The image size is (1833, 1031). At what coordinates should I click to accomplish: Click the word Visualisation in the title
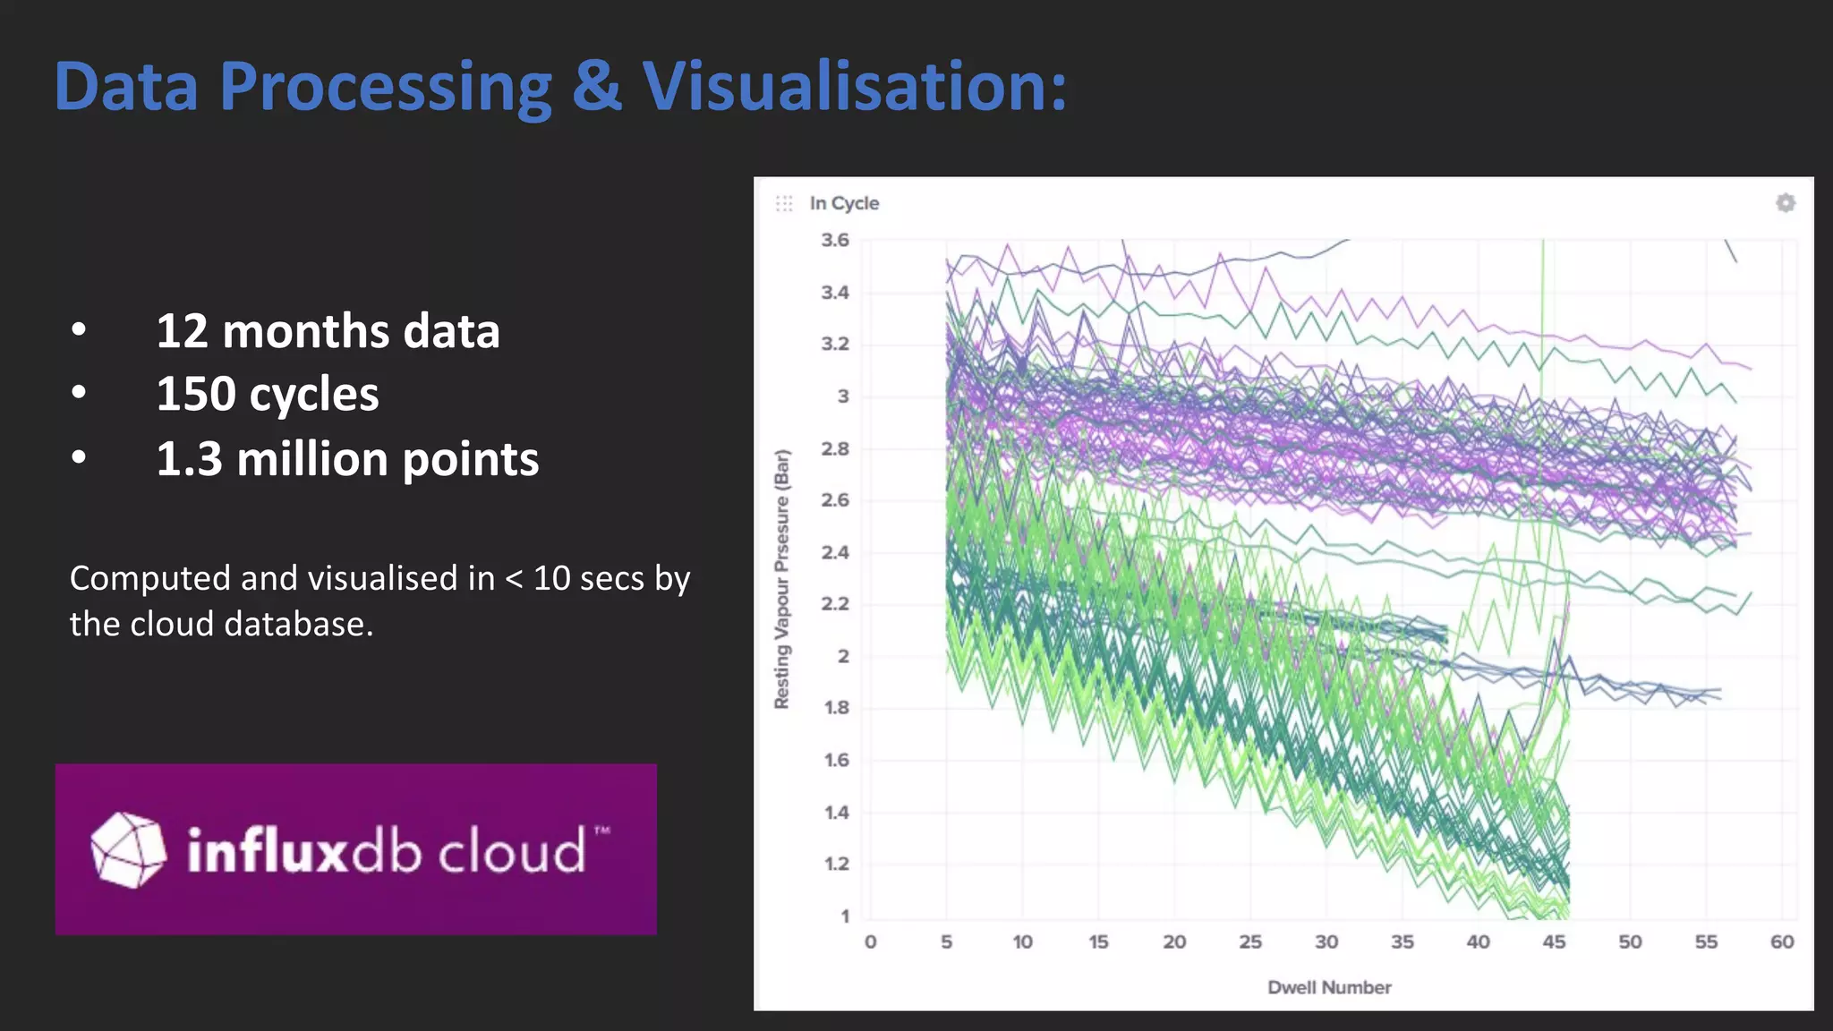(855, 87)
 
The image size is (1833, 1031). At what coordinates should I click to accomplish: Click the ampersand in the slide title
(597, 87)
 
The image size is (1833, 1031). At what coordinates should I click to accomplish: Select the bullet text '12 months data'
(328, 331)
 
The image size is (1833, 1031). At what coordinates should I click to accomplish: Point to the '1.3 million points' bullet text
(347, 459)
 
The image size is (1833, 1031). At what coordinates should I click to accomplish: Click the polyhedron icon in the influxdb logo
(128, 849)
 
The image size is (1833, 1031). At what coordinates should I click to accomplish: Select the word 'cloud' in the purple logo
(511, 850)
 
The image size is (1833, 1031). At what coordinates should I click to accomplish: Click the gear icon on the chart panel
(1785, 203)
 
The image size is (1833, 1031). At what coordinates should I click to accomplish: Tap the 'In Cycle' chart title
(844, 203)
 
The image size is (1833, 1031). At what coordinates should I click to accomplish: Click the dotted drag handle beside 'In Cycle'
(784, 203)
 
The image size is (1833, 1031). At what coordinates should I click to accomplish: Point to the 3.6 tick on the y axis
(834, 240)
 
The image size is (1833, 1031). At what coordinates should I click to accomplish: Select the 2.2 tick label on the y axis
(834, 604)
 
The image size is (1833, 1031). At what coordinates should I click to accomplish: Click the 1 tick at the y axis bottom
(844, 916)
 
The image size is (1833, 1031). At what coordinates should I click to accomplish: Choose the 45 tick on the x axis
(1554, 942)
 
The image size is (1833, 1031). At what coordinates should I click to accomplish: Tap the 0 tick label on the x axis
(870, 942)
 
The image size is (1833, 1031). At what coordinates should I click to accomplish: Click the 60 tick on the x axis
(1781, 942)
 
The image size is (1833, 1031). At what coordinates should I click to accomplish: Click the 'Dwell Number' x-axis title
(1329, 987)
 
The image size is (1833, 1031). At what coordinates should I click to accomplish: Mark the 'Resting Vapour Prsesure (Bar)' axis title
(781, 579)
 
